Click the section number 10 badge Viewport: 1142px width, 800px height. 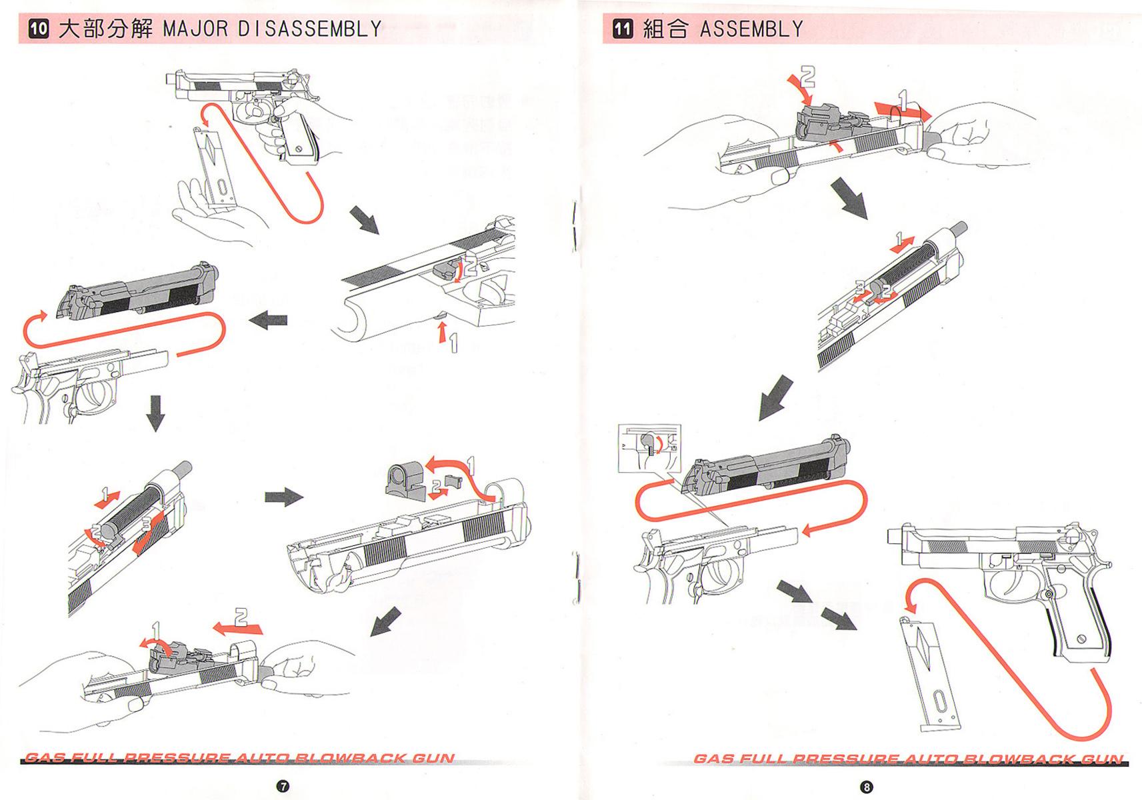coord(39,29)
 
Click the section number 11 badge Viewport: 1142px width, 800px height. coord(622,29)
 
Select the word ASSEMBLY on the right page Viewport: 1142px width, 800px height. coord(751,29)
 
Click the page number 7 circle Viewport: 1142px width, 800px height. coord(282,787)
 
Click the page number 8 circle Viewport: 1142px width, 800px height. coord(867,787)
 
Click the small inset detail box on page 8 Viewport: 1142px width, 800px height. coord(649,447)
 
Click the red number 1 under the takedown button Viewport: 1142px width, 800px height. coord(453,343)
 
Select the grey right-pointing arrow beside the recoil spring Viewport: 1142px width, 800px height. coord(284,497)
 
